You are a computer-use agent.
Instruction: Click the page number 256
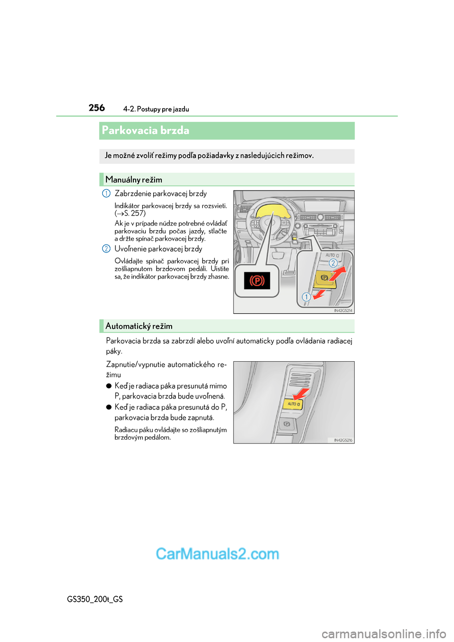[x=96, y=108]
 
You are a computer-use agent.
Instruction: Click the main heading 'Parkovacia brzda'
[x=146, y=130]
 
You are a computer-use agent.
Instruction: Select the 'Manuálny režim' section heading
[x=134, y=180]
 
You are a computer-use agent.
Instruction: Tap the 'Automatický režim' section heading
[x=139, y=326]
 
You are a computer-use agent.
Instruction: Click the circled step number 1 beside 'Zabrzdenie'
[x=106, y=193]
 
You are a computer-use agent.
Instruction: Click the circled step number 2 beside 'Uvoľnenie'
[x=106, y=249]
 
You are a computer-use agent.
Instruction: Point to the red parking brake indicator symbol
[x=257, y=281]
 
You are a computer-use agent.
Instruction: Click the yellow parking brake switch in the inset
[x=325, y=279]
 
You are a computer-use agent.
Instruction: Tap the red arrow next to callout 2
[x=337, y=273]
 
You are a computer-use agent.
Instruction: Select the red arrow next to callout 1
[x=319, y=294]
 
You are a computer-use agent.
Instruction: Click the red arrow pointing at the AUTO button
[x=301, y=393]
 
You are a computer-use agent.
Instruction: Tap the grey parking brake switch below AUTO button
[x=287, y=424]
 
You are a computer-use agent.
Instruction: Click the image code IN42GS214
[x=343, y=311]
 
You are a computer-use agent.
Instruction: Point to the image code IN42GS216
[x=343, y=440]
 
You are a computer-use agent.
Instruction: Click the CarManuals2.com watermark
[x=218, y=554]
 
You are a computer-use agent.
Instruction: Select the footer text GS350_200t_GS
[x=95, y=599]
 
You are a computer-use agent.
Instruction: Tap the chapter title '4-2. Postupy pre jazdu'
[x=156, y=109]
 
